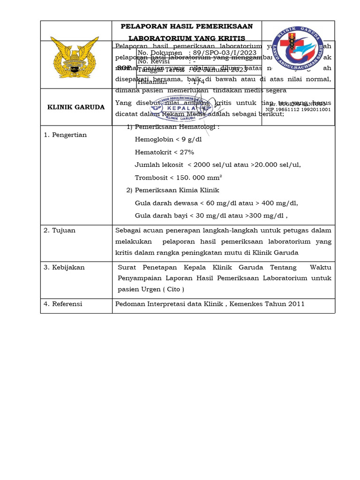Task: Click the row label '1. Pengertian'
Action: pyautogui.click(x=65, y=135)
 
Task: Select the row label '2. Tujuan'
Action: pyautogui.click(x=60, y=230)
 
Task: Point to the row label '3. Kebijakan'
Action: pyautogui.click(x=64, y=267)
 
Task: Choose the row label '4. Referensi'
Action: pyautogui.click(x=63, y=304)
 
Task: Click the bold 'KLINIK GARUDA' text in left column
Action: pyautogui.click(x=76, y=107)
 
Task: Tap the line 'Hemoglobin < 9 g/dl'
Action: pyautogui.click(x=168, y=139)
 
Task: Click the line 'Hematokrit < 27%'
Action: pyautogui.click(x=164, y=152)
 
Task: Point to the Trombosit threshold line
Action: pyautogui.click(x=178, y=177)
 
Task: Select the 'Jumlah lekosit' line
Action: pyautogui.click(x=217, y=165)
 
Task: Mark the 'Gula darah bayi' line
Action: pyautogui.click(x=211, y=216)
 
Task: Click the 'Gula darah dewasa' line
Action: pyautogui.click(x=216, y=203)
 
